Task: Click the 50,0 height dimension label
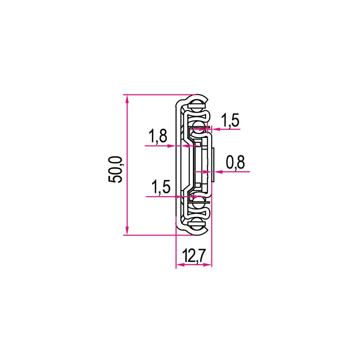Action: coord(115,169)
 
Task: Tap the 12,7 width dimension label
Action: coord(193,256)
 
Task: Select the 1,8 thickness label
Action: coord(158,136)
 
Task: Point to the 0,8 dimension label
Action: coord(235,162)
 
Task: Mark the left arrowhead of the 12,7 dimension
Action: coord(180,265)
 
